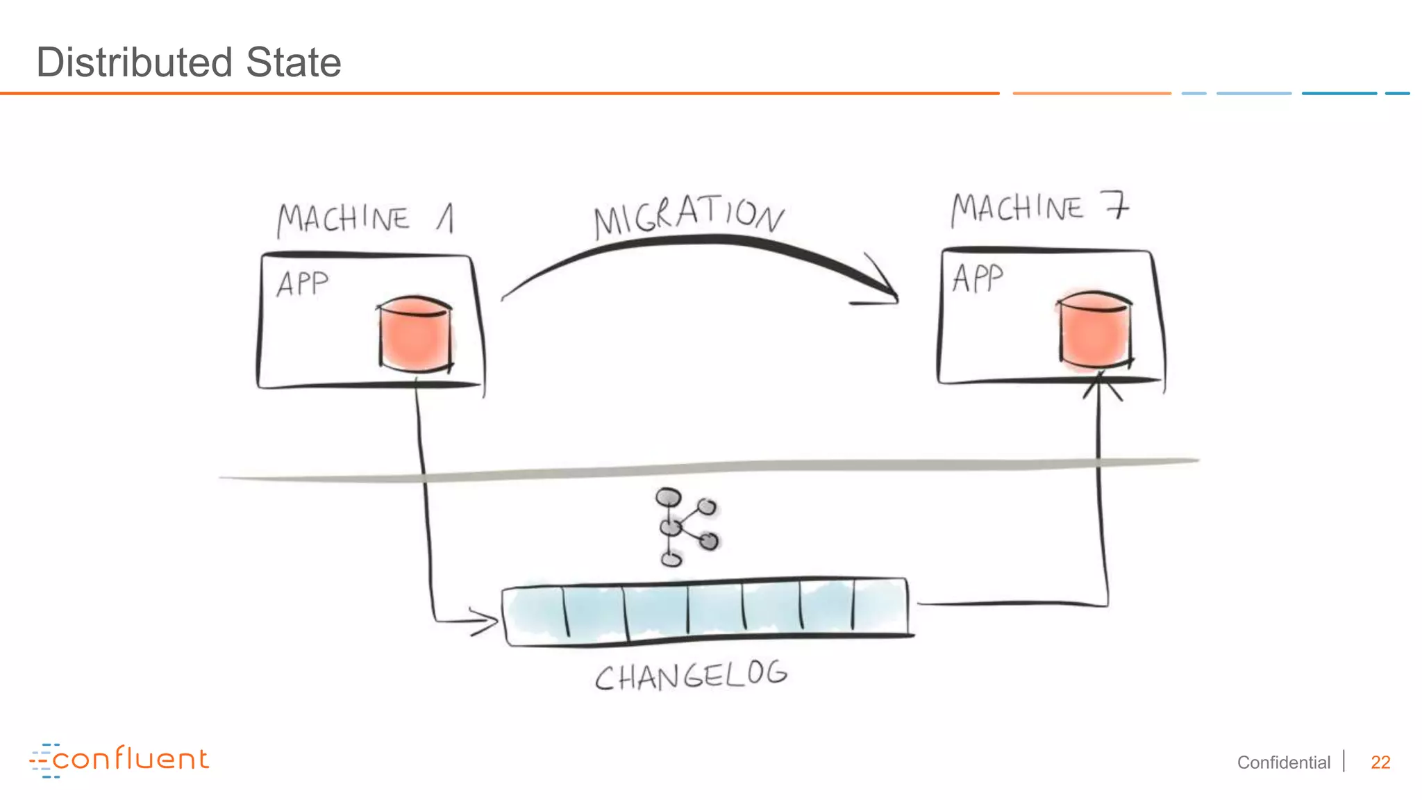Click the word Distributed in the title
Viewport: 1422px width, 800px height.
(133, 62)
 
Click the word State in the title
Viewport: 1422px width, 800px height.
(293, 62)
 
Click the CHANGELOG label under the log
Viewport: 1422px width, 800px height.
(691, 676)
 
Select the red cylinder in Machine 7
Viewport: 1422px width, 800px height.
(1094, 329)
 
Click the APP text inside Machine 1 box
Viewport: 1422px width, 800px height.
(302, 283)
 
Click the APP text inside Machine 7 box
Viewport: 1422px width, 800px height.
(978, 278)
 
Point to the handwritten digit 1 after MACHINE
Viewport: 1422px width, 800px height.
(446, 218)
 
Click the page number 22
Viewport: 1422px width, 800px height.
(1380, 762)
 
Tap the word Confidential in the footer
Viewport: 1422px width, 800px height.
(1283, 762)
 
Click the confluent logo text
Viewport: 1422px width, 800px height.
(131, 759)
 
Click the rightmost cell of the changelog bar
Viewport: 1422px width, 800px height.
(880, 606)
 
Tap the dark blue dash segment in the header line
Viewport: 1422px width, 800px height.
(1339, 93)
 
